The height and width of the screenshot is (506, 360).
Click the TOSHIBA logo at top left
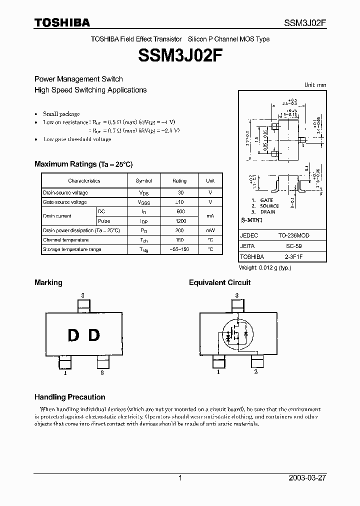tap(62, 22)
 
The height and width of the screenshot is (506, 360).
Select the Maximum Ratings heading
tap(83, 164)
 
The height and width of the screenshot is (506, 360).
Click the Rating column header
tap(179, 181)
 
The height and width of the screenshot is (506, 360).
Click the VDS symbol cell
tap(143, 193)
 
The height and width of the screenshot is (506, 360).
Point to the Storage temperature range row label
tap(72, 249)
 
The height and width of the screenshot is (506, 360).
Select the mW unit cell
tap(210, 230)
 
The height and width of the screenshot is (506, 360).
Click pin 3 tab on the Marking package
tap(83, 304)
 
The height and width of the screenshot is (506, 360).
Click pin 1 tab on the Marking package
tap(65, 361)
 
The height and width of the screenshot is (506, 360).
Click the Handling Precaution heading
tap(69, 397)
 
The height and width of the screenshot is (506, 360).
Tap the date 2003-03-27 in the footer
tap(307, 478)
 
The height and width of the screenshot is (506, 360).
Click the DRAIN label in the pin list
tap(267, 212)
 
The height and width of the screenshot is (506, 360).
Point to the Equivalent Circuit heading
tap(219, 282)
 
